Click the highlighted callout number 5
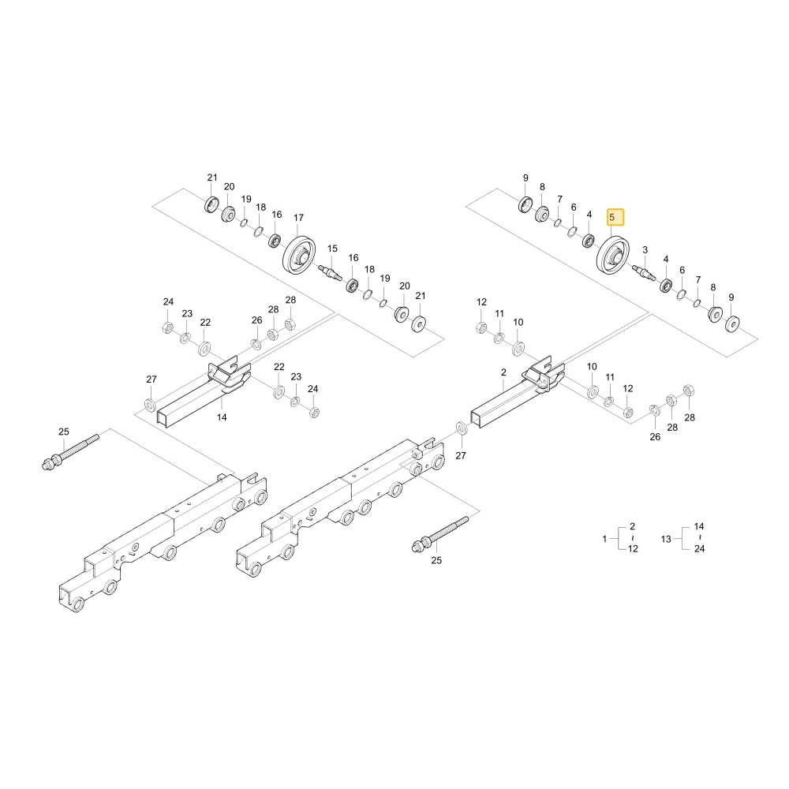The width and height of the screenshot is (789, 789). click(612, 218)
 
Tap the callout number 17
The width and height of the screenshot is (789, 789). click(298, 218)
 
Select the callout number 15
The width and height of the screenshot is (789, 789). click(332, 249)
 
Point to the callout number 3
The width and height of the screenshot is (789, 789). click(645, 250)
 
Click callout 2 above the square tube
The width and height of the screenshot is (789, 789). click(503, 372)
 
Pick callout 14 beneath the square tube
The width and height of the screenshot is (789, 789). click(222, 417)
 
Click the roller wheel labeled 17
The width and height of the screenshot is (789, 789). click(299, 255)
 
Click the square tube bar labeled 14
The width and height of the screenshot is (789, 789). click(201, 398)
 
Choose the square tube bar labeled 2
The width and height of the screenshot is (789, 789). click(516, 398)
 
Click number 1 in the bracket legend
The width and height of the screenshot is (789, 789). click(605, 539)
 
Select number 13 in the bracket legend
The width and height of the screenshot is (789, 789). click(666, 539)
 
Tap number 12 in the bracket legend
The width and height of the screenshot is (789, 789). click(633, 548)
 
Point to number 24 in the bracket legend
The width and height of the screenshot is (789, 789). click(699, 548)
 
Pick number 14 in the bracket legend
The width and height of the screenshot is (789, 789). click(699, 526)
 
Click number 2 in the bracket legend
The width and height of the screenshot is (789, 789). click(633, 526)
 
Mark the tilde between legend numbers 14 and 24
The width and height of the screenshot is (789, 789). click(699, 538)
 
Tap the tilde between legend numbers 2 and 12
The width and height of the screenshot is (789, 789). click(633, 538)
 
